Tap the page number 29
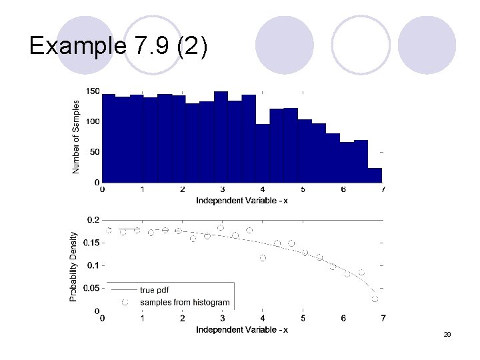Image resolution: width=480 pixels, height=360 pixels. pos(447,333)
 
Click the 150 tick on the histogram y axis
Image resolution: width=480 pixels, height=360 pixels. pos(93,91)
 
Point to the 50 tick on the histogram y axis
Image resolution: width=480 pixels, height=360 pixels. pos(95,152)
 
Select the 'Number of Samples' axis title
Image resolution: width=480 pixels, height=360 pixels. pos(76,137)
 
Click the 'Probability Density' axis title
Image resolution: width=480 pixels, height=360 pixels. pos(74,266)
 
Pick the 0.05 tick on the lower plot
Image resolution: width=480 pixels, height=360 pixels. pos(91,289)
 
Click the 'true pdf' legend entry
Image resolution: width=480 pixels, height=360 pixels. pos(154,290)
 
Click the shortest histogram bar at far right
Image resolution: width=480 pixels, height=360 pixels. pos(375,175)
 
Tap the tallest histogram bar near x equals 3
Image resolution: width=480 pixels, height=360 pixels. pos(221,137)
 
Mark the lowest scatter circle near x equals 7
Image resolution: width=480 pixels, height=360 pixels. pos(375,299)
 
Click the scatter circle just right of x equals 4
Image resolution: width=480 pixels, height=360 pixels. pos(263,258)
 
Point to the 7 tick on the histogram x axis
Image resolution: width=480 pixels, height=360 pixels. pos(383,190)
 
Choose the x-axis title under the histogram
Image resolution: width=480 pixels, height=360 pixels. pos(242,201)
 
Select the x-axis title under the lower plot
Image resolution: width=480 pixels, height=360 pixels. pos(242,330)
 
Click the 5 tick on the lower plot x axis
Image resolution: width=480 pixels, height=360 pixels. pos(303,319)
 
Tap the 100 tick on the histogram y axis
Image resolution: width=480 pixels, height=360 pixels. pos(93,121)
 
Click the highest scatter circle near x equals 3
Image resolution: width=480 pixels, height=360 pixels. pos(221,227)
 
